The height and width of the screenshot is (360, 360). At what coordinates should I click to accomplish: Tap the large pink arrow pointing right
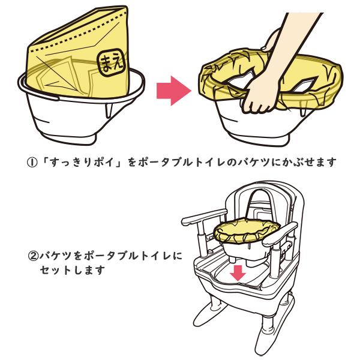point(172,89)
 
